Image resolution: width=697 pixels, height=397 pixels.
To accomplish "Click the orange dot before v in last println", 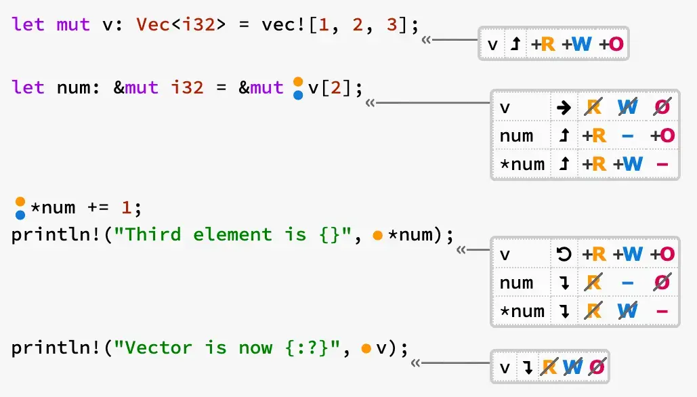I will (x=366, y=349).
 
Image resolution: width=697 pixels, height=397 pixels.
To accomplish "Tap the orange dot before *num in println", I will (x=378, y=235).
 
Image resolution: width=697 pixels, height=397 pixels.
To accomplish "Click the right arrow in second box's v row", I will (x=564, y=107).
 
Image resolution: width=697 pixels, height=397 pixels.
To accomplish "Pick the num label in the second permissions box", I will (x=516, y=135).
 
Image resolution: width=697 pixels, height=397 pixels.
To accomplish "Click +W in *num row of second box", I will (x=628, y=164).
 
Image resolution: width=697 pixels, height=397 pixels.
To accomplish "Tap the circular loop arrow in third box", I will (x=564, y=254).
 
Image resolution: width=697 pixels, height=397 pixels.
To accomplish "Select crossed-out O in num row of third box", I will (x=663, y=283).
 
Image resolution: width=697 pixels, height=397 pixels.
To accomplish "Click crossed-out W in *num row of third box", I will (x=628, y=311).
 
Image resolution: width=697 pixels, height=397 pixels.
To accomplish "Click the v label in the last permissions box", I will (x=504, y=368).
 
